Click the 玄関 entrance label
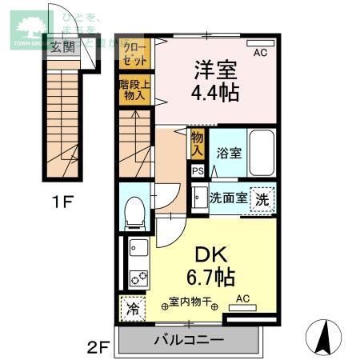(x=63, y=46)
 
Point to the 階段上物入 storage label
(x=135, y=89)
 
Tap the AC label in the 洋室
(x=260, y=54)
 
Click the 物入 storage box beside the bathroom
(x=198, y=144)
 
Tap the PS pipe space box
(x=198, y=170)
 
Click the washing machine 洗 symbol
(x=262, y=198)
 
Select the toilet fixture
(x=134, y=212)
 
